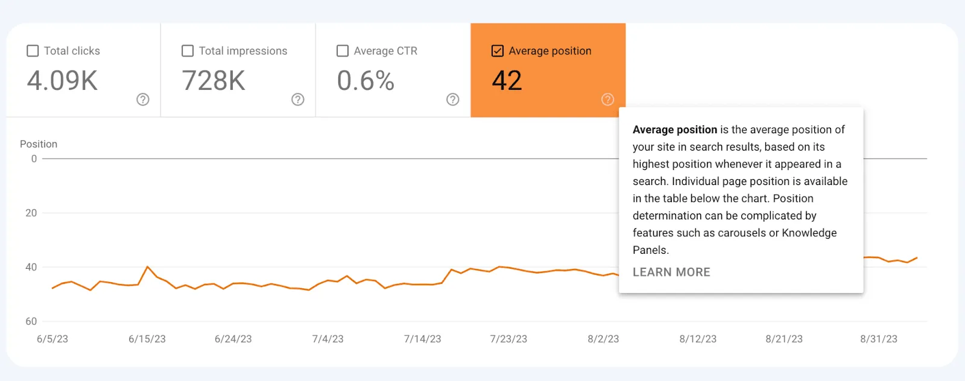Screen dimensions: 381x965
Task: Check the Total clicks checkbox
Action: (33, 51)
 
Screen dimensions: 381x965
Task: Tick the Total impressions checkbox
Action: (188, 51)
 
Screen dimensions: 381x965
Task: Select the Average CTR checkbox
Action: (343, 51)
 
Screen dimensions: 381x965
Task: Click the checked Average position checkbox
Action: (498, 51)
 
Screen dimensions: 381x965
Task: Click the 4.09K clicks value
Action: (62, 81)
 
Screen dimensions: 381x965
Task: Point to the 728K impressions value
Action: (214, 81)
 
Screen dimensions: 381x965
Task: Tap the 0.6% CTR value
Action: (365, 81)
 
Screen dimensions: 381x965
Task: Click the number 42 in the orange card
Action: (507, 81)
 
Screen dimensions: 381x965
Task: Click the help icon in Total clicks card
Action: (143, 99)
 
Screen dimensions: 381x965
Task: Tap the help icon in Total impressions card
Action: (298, 99)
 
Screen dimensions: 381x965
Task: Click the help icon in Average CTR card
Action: (453, 99)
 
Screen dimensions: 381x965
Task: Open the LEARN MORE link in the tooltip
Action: (671, 272)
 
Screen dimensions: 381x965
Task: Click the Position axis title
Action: (39, 144)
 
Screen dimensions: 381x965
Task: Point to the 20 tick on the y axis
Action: (31, 213)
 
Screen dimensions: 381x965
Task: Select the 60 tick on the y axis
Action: (31, 321)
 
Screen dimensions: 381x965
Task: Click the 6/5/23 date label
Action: (52, 339)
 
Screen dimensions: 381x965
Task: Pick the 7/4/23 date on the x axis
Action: (327, 339)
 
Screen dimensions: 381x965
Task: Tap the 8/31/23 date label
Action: (879, 339)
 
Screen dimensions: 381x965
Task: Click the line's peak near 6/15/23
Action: (148, 266)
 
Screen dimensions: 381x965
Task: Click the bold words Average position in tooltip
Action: (675, 130)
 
